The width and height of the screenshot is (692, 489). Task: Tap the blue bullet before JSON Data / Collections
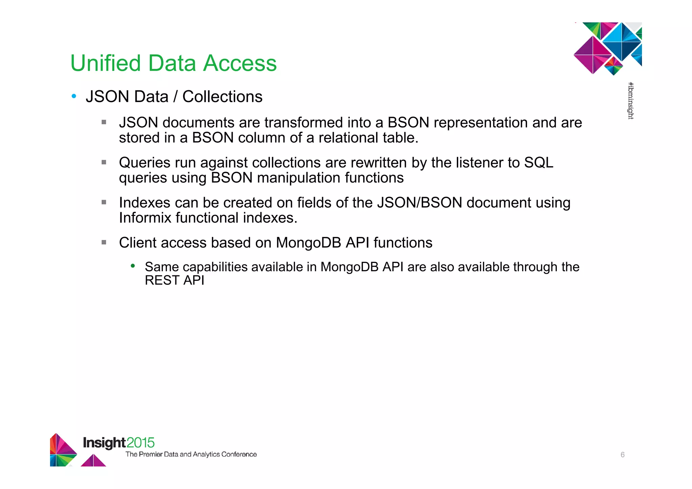click(74, 96)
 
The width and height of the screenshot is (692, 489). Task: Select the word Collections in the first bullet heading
click(222, 97)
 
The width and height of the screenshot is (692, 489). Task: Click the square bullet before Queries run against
click(104, 162)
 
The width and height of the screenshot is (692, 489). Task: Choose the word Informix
click(145, 218)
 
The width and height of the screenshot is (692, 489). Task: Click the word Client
click(138, 243)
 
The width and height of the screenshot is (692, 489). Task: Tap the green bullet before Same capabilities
click(133, 266)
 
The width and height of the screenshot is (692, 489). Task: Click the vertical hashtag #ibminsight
click(631, 101)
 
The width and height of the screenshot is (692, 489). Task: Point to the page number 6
click(622, 455)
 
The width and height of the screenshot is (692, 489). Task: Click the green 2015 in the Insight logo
click(141, 443)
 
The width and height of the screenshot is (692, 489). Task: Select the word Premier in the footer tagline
click(150, 455)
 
